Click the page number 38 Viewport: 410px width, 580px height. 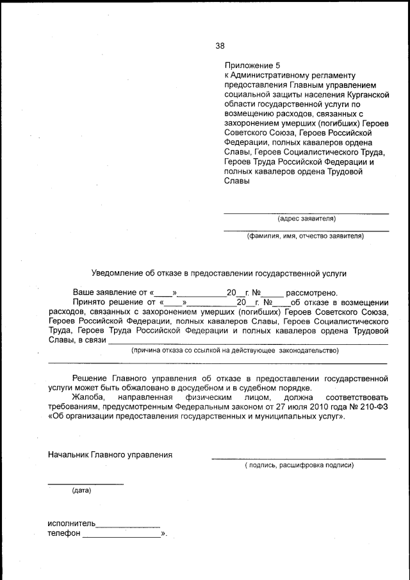click(x=220, y=46)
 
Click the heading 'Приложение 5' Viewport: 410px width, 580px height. click(x=252, y=65)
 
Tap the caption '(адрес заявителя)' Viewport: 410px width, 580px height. click(x=306, y=219)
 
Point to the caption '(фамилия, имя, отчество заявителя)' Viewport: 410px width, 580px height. click(x=306, y=236)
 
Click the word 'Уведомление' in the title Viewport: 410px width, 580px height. click(x=120, y=273)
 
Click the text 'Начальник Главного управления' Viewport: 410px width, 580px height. click(x=110, y=455)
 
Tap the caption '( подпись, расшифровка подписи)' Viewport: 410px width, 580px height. click(x=299, y=465)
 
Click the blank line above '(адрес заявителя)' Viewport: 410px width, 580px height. click(x=306, y=213)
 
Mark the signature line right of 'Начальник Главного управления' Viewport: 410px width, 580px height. click(x=299, y=458)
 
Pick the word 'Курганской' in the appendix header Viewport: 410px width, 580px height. click(x=367, y=94)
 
